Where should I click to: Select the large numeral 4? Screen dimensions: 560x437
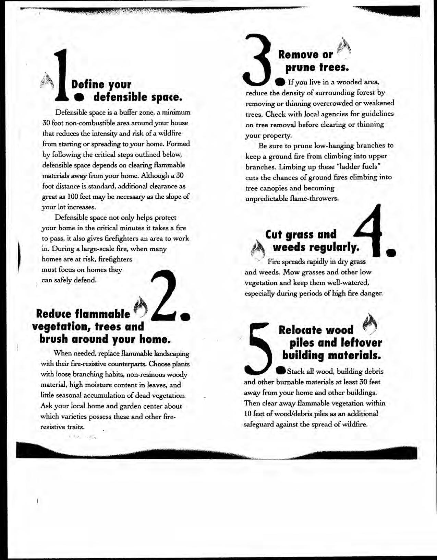point(370,232)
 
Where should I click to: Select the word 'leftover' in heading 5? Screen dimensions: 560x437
point(360,343)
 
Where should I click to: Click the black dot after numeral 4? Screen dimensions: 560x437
point(391,252)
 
